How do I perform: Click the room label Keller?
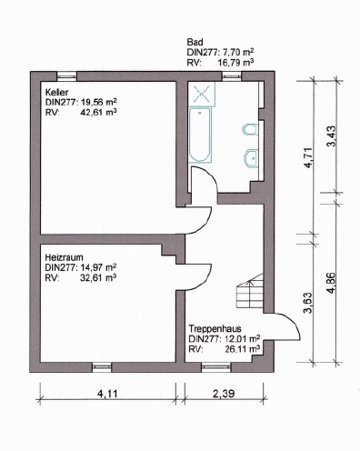56,92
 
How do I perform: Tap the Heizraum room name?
64,257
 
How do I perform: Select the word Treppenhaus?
215,329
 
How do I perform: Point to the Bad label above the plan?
195,42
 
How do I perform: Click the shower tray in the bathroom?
202,94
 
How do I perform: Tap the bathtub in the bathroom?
200,135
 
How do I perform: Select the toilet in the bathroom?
251,129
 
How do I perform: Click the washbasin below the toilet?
251,158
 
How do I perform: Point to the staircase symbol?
249,292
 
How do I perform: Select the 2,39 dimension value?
224,394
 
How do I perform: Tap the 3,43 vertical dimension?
333,136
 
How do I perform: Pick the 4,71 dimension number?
308,157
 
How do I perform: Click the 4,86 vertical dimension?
332,283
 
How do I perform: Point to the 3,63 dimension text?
308,303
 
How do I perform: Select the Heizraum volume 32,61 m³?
98,277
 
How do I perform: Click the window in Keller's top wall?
66,75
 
